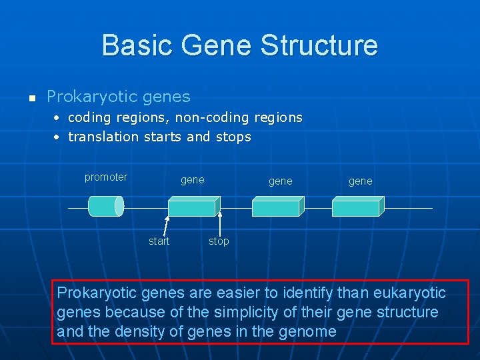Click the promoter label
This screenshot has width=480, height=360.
coord(105,177)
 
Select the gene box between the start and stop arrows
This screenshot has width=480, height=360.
coord(193,207)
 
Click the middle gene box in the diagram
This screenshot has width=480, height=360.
coord(277,207)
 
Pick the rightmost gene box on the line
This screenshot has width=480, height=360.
coord(357,207)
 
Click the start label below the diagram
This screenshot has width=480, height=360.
coord(159,241)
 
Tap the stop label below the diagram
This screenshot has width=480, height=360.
coord(218,241)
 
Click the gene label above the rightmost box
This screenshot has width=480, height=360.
coord(360,181)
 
